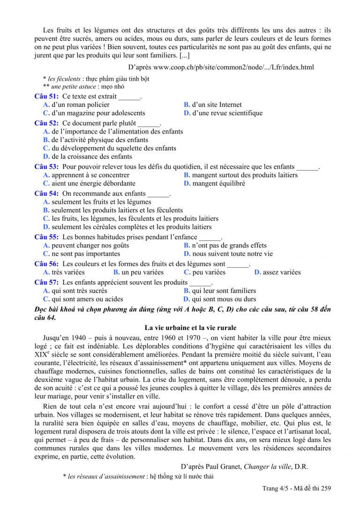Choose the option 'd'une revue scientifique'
pyautogui.click(x=227, y=113)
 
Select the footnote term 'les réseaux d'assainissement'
pyautogui.click(x=106, y=476)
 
